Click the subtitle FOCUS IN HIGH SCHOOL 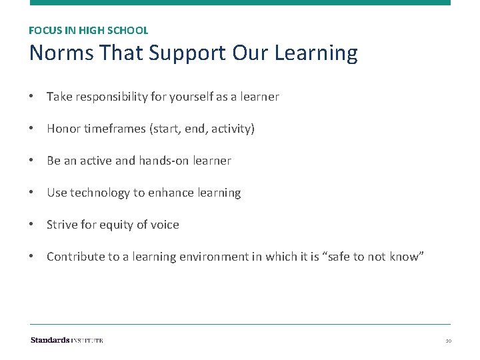pyautogui.click(x=89, y=30)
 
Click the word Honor pyautogui.click(x=63, y=129)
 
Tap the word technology pyautogui.click(x=99, y=193)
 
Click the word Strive pyautogui.click(x=62, y=225)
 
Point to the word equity pyautogui.click(x=119, y=225)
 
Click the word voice pyautogui.click(x=165, y=225)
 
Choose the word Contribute pyautogui.click(x=73, y=257)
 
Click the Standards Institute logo pyautogui.click(x=67, y=340)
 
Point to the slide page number pyautogui.click(x=449, y=341)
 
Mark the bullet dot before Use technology pyautogui.click(x=32, y=193)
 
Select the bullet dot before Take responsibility pyautogui.click(x=32, y=97)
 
